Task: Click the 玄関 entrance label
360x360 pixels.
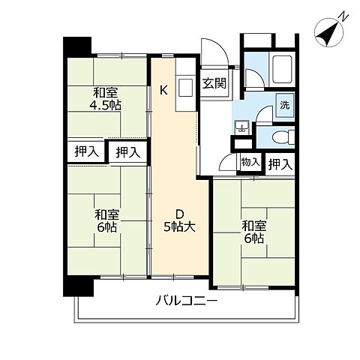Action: coord(214,83)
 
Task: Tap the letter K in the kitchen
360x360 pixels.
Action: coord(163,90)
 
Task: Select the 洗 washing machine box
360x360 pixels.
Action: coord(285,105)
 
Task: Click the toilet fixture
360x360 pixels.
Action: coord(283,137)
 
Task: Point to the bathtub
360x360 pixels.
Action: coord(282,69)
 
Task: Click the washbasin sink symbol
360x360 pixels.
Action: coord(241,127)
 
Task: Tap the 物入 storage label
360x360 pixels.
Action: coord(250,162)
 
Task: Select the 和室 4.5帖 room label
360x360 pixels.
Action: coord(106,99)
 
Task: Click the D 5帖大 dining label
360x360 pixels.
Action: coord(179,220)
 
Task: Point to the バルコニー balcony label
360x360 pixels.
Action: coord(186,301)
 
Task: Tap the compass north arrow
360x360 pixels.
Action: coord(328,32)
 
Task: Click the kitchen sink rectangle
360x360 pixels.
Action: coord(185,87)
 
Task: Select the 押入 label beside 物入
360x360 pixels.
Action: coord(280,164)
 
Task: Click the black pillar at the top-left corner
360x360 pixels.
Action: coord(76,46)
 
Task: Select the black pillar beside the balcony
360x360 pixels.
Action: coord(78,286)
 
